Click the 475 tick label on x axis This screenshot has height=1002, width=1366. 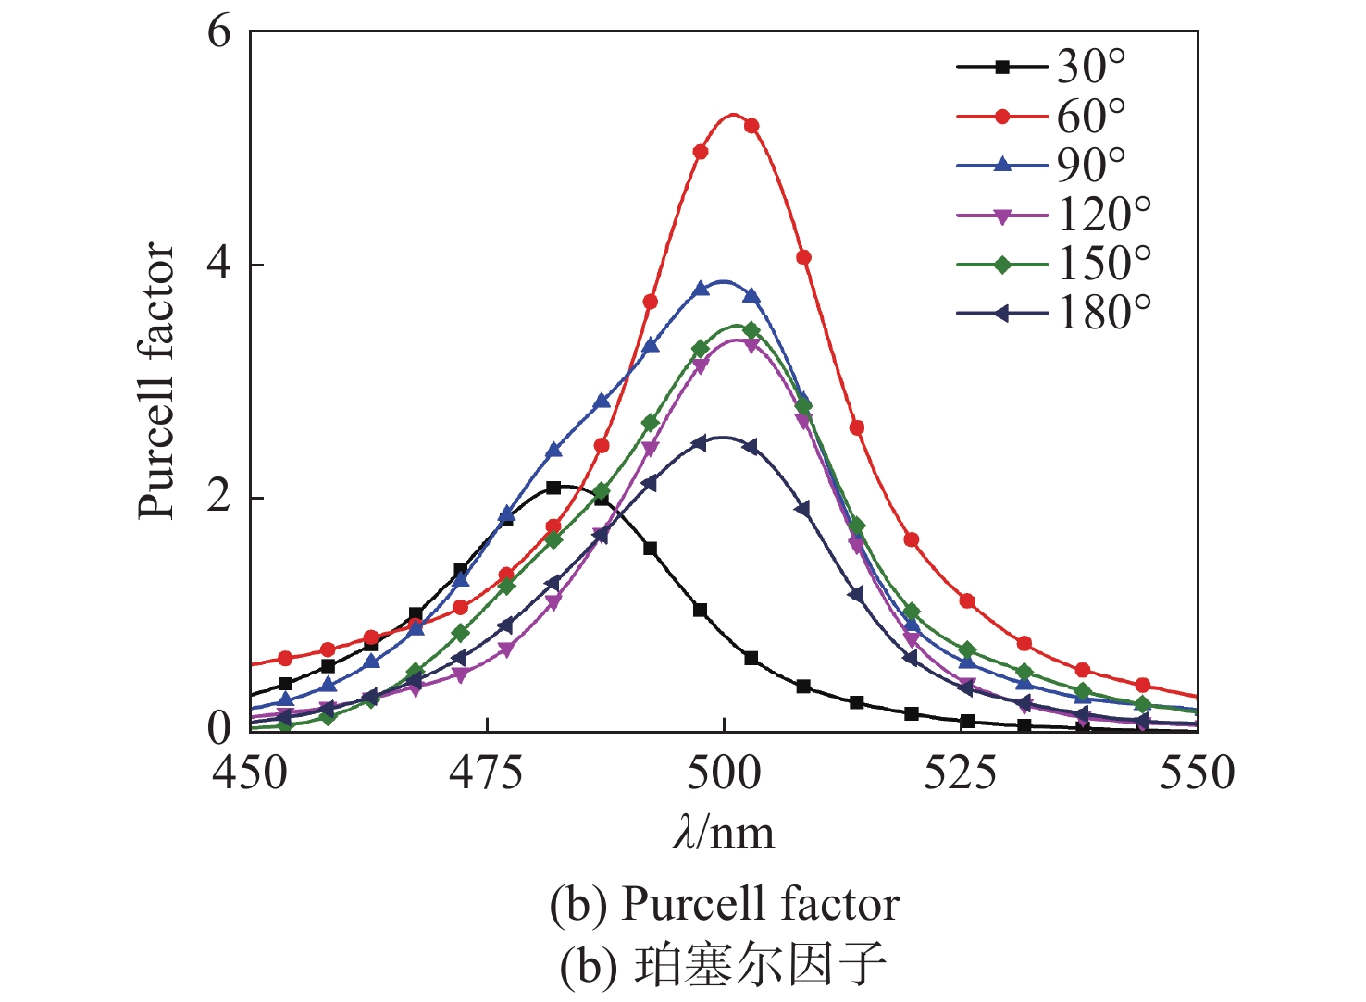coord(487,773)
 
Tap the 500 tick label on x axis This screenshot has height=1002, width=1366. coord(724,773)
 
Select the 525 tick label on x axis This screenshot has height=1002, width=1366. coord(961,773)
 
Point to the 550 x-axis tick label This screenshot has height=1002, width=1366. coord(1198,773)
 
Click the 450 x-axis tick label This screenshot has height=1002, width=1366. coord(250,773)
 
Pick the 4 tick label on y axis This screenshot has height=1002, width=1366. coord(218,265)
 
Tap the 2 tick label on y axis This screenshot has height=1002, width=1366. coord(218,498)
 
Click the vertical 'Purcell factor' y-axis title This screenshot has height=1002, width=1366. coord(157,380)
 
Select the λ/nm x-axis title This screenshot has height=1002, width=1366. coord(724,834)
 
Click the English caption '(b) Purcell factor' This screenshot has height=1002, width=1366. coord(724,904)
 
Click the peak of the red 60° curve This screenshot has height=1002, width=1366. coord(733,115)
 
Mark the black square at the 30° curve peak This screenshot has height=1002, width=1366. coord(553,488)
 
